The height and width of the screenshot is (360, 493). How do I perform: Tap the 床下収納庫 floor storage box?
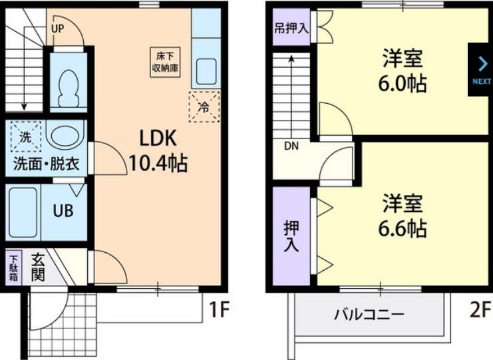(164, 63)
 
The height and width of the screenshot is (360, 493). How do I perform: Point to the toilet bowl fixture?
(68, 85)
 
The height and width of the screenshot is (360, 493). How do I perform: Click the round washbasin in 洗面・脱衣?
(65, 136)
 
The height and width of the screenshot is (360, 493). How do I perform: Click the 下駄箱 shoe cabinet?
(13, 267)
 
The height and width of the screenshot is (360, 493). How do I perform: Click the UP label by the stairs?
(58, 29)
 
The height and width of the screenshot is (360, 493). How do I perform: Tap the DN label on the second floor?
(291, 146)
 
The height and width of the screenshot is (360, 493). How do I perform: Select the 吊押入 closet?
(291, 29)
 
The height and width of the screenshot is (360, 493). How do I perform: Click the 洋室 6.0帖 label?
(403, 71)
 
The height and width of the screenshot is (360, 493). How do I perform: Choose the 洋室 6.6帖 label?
(403, 216)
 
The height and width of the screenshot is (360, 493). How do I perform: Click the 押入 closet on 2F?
(291, 236)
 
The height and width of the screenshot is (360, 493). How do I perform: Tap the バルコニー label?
(368, 314)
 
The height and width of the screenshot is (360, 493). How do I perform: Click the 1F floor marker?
(220, 309)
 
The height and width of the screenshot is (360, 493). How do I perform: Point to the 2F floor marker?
(468, 309)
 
